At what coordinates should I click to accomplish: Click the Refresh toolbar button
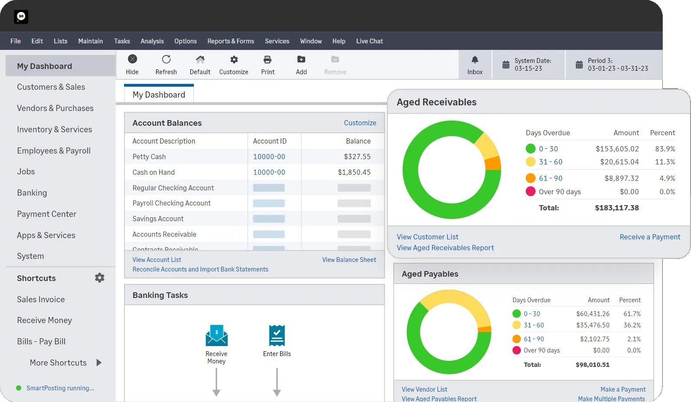click(x=166, y=65)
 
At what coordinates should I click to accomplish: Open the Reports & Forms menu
click(x=230, y=41)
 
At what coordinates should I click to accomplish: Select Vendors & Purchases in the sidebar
click(x=55, y=108)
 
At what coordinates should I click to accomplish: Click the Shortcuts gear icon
click(x=100, y=278)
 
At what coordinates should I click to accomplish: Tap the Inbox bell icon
click(x=475, y=60)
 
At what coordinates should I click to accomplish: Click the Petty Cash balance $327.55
click(x=357, y=157)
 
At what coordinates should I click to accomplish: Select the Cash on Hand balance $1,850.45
click(x=354, y=172)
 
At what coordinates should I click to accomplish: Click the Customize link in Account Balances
click(x=360, y=123)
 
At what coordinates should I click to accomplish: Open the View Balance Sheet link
click(x=349, y=260)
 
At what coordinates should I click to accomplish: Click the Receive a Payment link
click(x=649, y=237)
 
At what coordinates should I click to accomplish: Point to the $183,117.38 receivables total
click(x=616, y=208)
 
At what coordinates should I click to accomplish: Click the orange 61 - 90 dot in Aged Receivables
click(x=530, y=178)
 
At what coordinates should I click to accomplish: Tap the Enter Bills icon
click(x=277, y=336)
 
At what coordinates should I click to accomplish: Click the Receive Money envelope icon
click(x=216, y=336)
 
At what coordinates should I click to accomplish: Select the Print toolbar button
click(x=268, y=65)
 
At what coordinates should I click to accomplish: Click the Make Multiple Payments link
click(x=611, y=399)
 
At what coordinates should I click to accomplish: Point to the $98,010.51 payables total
click(x=592, y=365)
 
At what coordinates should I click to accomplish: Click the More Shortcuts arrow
click(x=99, y=363)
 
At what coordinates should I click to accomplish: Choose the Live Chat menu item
click(x=369, y=41)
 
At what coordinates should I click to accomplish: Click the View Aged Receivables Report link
click(x=445, y=248)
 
